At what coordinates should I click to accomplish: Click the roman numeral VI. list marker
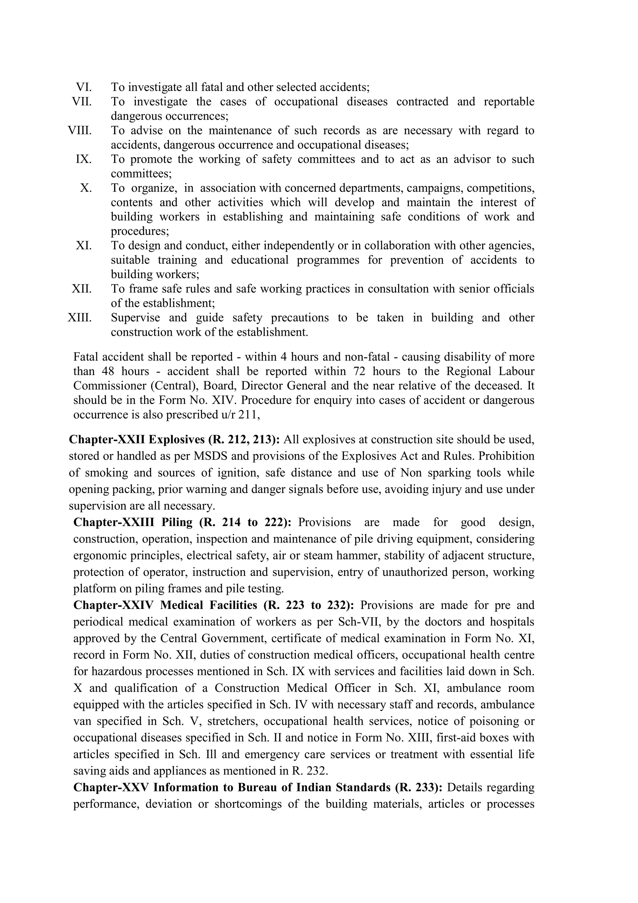tap(83, 87)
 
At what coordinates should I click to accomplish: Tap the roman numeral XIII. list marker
tap(80, 317)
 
